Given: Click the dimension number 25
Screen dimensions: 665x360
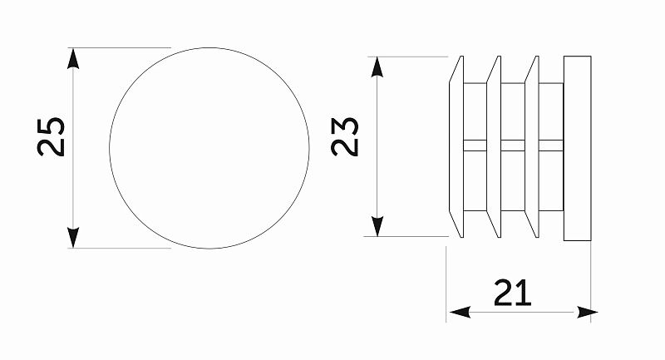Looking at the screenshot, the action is coord(52,137).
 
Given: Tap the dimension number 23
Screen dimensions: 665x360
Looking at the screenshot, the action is coord(345,137).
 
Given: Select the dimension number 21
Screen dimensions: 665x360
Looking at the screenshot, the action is coord(513,293).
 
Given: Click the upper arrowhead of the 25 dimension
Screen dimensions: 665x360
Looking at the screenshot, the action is coord(73,58).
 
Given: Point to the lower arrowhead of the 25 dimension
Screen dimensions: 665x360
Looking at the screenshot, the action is coord(73,238).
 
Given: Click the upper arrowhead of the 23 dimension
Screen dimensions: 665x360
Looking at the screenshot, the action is coord(377,67).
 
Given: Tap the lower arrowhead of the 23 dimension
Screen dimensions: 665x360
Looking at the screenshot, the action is coord(377,226).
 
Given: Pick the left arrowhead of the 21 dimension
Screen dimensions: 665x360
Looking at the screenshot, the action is coord(460,313).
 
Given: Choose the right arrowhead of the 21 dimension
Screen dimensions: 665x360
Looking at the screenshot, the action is coord(587,313).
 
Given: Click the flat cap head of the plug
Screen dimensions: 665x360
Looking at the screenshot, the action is coord(577,149).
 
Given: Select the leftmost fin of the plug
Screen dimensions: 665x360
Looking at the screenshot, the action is coord(456,146).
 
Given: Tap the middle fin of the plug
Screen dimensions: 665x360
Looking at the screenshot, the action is coord(494,146).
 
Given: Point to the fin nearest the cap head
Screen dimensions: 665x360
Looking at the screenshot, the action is coord(532,146).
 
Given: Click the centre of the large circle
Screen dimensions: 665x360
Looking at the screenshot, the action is coord(209,148).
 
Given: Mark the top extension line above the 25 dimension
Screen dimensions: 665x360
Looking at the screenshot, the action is coord(120,48).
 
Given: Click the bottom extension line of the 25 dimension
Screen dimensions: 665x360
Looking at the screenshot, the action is coord(120,249).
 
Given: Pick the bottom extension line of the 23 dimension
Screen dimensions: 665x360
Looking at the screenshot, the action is coord(406,237).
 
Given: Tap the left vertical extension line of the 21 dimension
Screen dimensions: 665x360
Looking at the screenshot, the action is coord(446,284).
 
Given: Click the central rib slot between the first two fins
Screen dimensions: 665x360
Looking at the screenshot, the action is coord(475,145).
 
